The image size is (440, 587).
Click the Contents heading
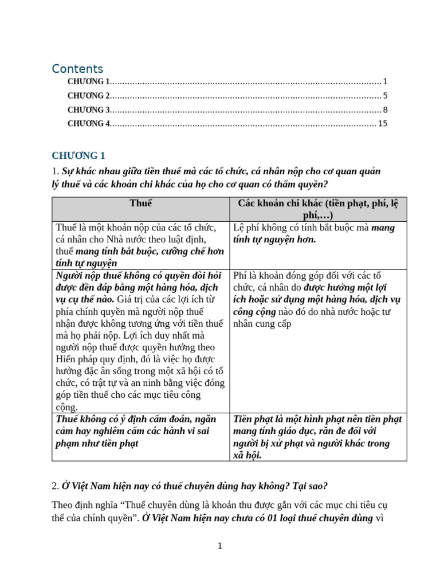pyautogui.click(x=77, y=69)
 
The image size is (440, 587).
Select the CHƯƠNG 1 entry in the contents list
pyautogui.click(x=89, y=81)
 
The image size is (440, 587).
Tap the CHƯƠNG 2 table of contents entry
pyautogui.click(x=89, y=96)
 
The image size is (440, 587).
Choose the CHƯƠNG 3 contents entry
pyautogui.click(x=89, y=109)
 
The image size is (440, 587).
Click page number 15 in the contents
pyautogui.click(x=383, y=123)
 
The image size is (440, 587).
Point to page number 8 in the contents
pyautogui.click(x=385, y=109)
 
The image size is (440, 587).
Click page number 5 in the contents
pyautogui.click(x=385, y=96)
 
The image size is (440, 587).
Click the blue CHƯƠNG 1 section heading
pyautogui.click(x=78, y=155)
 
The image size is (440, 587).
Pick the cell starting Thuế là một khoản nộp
pyautogui.click(x=139, y=245)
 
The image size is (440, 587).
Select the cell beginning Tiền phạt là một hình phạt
pyautogui.click(x=317, y=437)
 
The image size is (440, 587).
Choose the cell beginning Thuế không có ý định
pyautogui.click(x=139, y=431)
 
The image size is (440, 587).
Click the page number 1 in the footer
pyautogui.click(x=219, y=546)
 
